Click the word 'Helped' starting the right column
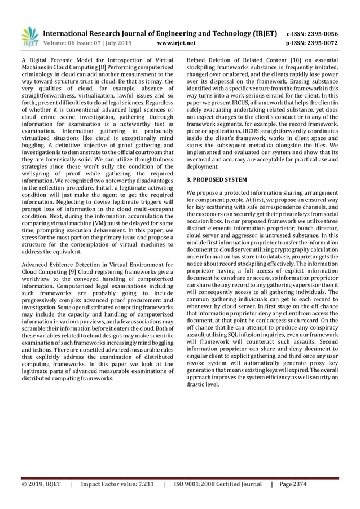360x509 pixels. tap(198, 59)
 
